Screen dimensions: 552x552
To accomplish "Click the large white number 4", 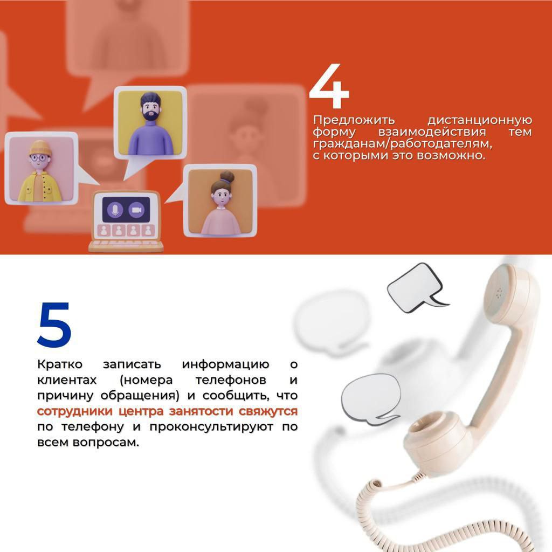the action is [329, 86].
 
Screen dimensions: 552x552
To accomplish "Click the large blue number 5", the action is [54, 325].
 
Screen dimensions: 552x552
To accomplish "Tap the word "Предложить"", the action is [354, 120].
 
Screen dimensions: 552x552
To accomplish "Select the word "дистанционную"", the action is [479, 120].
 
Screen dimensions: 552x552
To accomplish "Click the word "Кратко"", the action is [60, 364].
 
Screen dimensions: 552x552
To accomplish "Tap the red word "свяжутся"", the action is [268, 411].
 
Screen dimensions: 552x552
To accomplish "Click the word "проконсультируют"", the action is [211, 427].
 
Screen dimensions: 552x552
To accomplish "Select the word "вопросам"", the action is [106, 443].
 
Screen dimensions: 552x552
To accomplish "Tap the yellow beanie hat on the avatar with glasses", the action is [40, 148].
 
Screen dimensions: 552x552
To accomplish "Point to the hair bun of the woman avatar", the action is [227, 176].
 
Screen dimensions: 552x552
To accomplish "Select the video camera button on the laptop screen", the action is [136, 210].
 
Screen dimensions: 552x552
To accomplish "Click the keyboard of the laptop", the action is [126, 245].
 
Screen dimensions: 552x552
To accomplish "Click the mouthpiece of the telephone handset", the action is [437, 440].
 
